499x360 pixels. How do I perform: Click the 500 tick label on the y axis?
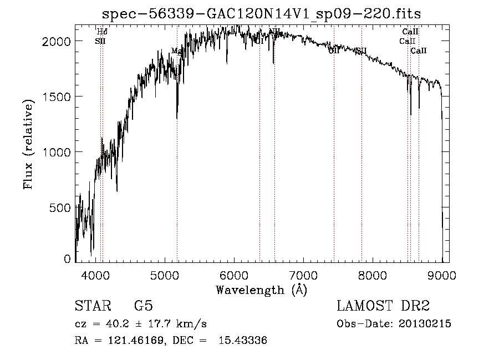[x=60, y=207]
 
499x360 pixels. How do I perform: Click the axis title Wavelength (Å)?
[x=261, y=290]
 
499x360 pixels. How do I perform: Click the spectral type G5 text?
[x=143, y=306]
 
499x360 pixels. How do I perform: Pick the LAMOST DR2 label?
[x=383, y=306]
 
